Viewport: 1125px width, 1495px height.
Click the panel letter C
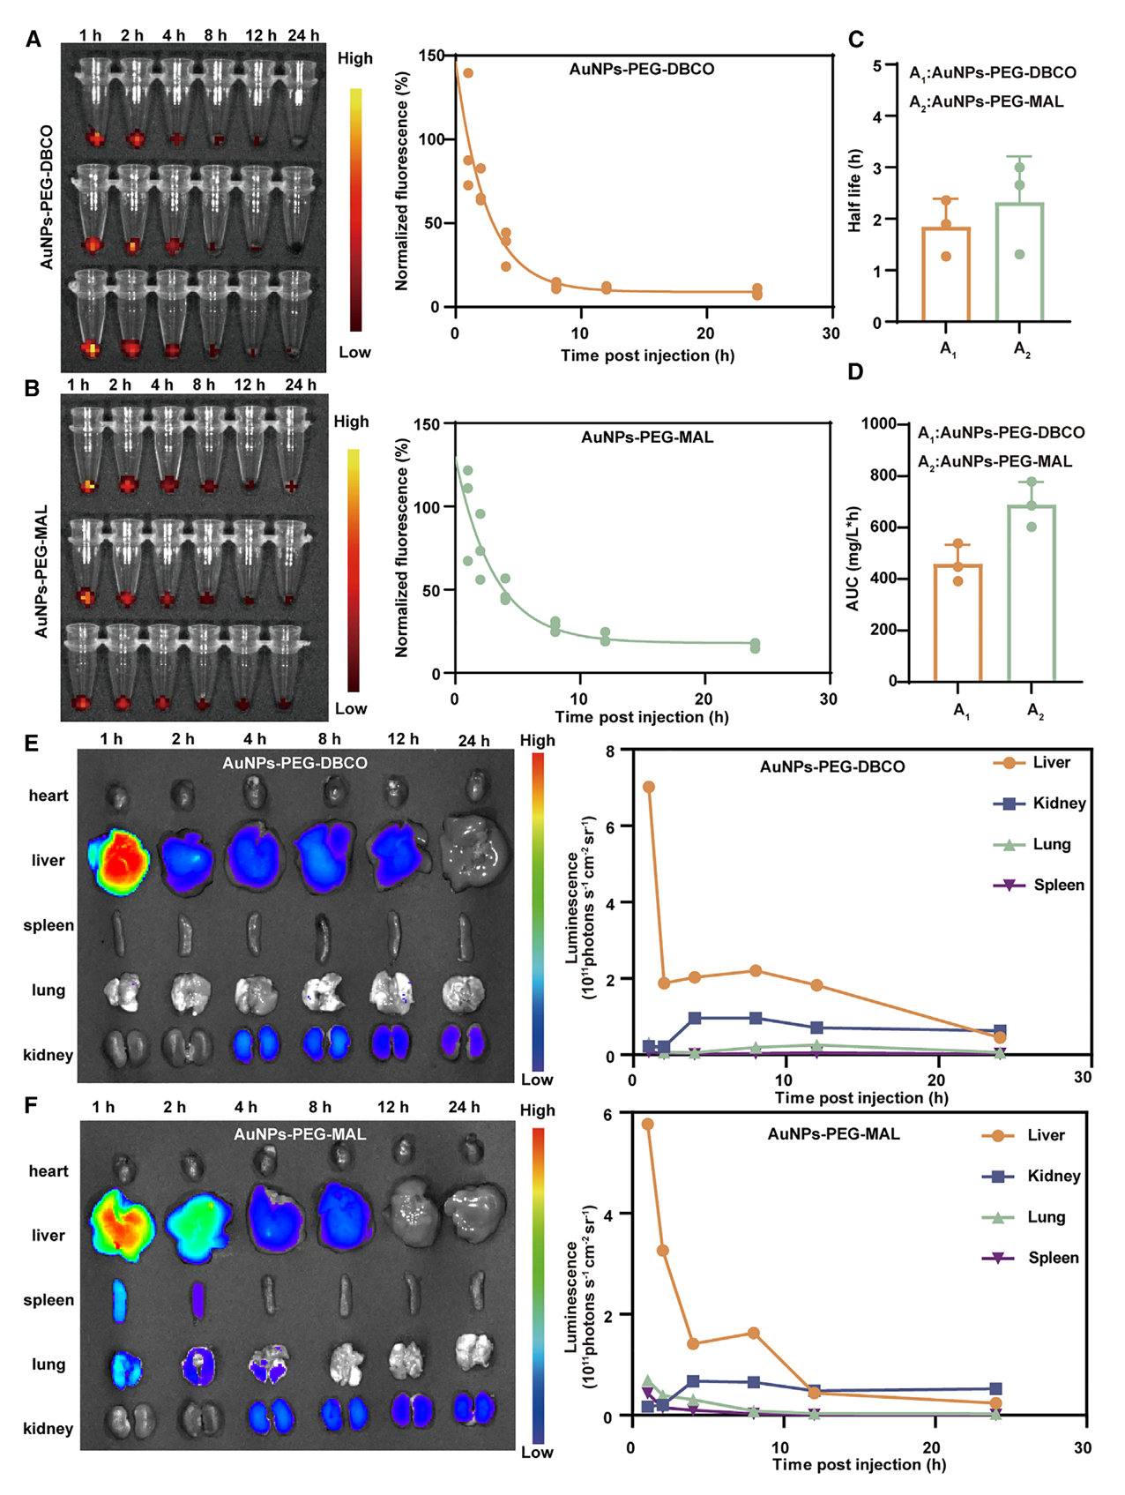[855, 40]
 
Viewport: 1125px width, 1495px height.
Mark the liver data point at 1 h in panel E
[649, 787]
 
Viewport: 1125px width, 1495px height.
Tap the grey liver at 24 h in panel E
[476, 851]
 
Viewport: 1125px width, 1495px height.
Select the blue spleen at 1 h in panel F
[119, 1301]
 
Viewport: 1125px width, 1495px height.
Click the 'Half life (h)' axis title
[854, 191]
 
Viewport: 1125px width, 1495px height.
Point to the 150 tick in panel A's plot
[432, 56]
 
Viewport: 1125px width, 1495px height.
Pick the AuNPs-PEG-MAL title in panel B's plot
[647, 437]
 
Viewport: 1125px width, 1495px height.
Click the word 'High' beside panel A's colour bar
[355, 58]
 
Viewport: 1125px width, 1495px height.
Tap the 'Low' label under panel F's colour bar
[536, 1453]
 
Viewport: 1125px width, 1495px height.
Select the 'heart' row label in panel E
[48, 796]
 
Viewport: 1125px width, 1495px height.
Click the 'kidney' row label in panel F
[48, 1428]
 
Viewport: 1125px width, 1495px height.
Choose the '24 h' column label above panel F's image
[464, 1107]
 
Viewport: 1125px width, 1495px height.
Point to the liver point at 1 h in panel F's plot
[648, 1125]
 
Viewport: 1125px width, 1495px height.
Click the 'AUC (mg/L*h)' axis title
[853, 558]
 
